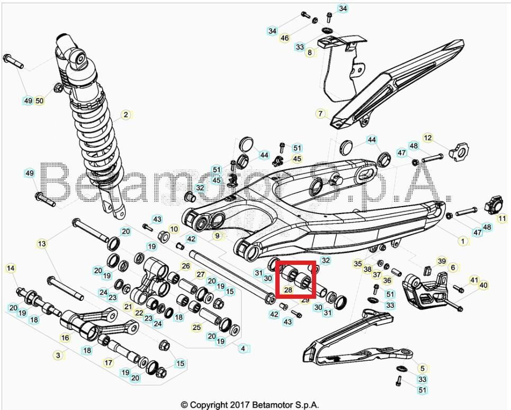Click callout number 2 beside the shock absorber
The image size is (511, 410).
click(x=125, y=114)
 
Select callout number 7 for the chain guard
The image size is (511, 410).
click(x=320, y=113)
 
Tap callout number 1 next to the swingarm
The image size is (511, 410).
click(x=463, y=241)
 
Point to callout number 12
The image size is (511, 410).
click(x=428, y=138)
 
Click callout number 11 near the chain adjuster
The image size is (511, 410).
click(x=501, y=218)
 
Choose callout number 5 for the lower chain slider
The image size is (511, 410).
click(x=422, y=368)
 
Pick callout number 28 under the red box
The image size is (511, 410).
click(x=288, y=290)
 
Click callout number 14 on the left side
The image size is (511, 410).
click(x=11, y=268)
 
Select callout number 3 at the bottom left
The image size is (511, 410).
click(x=59, y=355)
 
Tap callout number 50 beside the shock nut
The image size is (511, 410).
click(x=40, y=101)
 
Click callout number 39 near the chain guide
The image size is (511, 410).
click(x=442, y=261)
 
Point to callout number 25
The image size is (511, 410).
click(x=196, y=328)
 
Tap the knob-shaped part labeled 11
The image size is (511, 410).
click(x=493, y=203)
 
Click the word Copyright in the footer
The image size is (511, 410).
click(x=208, y=405)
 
